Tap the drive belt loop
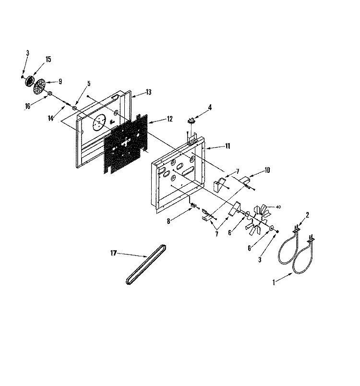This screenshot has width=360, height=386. point(146,265)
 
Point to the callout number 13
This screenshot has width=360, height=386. point(148,92)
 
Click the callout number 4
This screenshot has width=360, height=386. point(209,108)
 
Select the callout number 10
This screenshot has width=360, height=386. point(267,170)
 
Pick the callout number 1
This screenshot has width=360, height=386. point(274,283)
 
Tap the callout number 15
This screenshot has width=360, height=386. point(48,59)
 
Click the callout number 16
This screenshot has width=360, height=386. point(27,106)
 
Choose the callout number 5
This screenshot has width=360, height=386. point(88,83)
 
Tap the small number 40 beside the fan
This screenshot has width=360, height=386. point(278,207)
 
